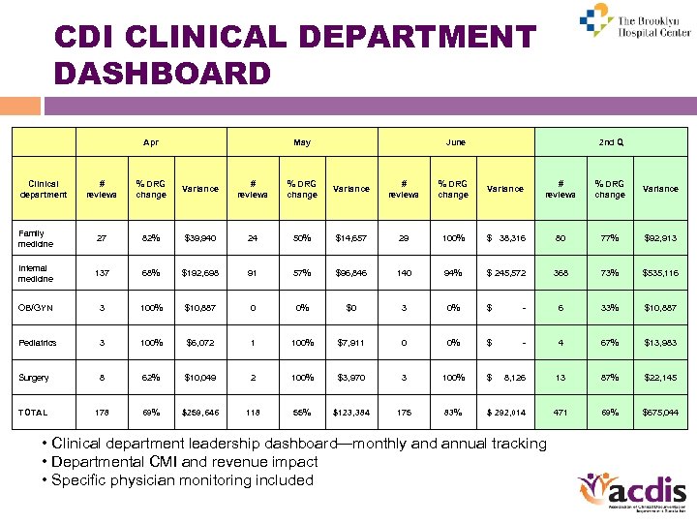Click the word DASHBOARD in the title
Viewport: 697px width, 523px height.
point(163,74)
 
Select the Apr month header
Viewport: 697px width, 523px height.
point(151,142)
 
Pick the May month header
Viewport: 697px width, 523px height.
point(302,142)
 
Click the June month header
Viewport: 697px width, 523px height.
point(455,142)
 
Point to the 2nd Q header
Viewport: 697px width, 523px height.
point(611,142)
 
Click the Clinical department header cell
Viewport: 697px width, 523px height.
point(44,189)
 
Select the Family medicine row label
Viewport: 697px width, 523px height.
point(35,239)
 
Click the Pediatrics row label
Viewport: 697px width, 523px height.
point(36,343)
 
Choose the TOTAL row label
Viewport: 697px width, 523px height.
point(33,412)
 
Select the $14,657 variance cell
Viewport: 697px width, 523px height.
point(350,238)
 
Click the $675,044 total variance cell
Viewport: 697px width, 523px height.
point(660,412)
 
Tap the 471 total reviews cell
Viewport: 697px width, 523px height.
point(560,412)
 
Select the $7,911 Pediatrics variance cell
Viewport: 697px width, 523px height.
point(350,343)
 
